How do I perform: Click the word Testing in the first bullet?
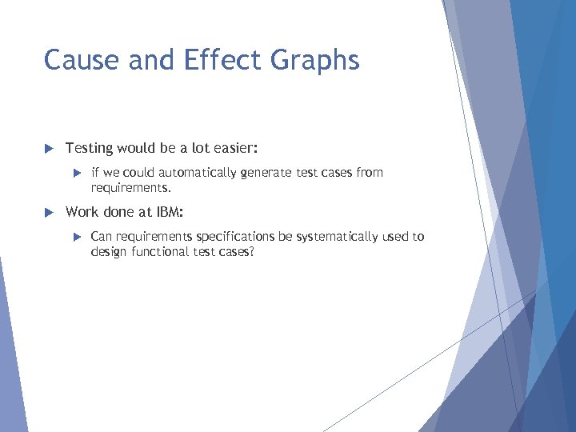coord(89,149)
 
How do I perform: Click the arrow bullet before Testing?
coord(47,149)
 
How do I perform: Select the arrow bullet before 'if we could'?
coord(78,173)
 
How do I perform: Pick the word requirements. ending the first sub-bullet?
coord(131,189)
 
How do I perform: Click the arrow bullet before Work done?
coord(47,213)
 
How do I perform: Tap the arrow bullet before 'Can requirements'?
coord(78,237)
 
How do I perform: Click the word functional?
coord(162,252)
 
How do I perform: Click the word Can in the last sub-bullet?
coord(102,237)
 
